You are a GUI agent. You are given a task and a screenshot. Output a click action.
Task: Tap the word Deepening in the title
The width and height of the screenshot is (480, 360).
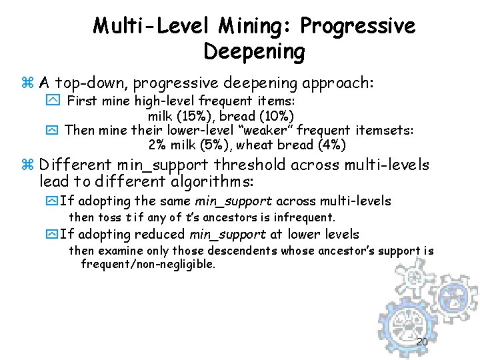pyautogui.click(x=254, y=51)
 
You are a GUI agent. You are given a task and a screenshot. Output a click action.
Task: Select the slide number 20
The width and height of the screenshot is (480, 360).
pyautogui.click(x=421, y=343)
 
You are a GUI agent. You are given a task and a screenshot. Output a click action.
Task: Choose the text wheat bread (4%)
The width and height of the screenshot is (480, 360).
pyautogui.click(x=291, y=145)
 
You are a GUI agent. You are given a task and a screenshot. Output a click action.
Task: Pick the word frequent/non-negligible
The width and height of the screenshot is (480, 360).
pyautogui.click(x=148, y=265)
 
